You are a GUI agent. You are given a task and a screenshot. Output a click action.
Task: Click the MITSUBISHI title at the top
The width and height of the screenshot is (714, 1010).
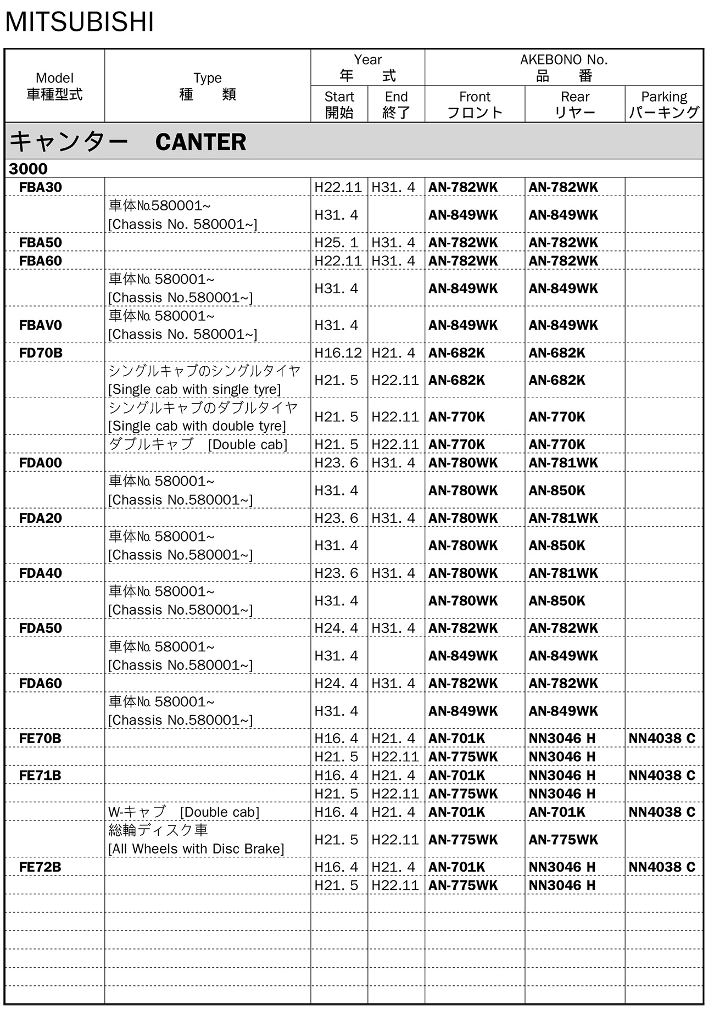tap(80, 22)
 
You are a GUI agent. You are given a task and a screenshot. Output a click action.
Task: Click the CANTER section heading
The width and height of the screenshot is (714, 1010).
tap(128, 142)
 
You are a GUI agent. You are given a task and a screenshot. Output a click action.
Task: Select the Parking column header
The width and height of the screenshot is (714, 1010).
tap(663, 104)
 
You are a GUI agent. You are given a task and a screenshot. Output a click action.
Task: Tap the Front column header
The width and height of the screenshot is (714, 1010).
tap(475, 104)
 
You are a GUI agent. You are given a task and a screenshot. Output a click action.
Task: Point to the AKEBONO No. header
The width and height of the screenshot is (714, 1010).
tap(564, 68)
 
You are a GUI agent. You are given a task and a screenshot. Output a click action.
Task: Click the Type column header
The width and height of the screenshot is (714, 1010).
tap(208, 86)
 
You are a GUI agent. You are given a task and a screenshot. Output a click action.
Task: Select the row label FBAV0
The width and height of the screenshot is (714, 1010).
tap(41, 325)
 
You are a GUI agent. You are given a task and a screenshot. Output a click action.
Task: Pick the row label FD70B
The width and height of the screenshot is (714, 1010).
tap(41, 353)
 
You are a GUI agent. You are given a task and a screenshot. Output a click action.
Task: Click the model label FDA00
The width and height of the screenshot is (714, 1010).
tap(41, 463)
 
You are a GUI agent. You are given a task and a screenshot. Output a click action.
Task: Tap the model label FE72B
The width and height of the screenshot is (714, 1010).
tap(40, 867)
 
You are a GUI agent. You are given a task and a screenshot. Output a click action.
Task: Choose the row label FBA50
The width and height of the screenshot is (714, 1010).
tap(41, 243)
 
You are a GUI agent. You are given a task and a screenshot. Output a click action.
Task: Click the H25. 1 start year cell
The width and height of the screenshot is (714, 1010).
tap(336, 243)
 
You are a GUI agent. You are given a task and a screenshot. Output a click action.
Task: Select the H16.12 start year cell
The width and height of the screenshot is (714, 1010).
tap(338, 353)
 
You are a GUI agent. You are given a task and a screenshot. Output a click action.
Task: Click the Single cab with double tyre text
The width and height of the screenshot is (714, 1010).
tap(197, 426)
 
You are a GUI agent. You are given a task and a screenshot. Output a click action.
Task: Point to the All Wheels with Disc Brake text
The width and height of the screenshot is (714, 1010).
tap(196, 849)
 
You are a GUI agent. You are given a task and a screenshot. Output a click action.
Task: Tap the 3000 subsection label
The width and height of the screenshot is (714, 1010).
tap(28, 169)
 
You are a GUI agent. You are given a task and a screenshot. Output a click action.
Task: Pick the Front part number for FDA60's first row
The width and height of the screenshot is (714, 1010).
tap(463, 683)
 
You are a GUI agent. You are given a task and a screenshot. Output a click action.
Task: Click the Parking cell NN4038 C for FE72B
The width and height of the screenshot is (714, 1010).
tap(662, 867)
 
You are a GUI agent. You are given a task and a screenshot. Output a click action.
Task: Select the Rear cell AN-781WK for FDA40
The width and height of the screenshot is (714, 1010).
tap(563, 573)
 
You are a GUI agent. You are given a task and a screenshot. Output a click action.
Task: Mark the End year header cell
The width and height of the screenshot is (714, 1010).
tap(396, 104)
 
